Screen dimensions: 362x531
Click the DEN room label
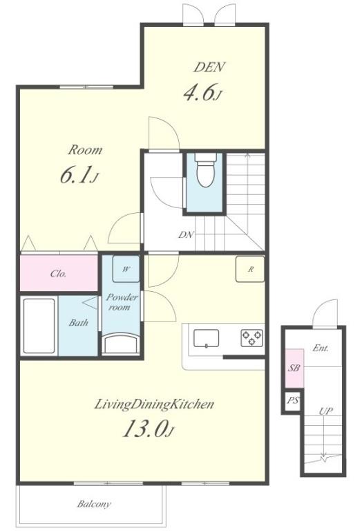click(209, 67)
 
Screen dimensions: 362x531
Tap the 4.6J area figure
click(202, 93)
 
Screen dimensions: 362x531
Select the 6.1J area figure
click(79, 176)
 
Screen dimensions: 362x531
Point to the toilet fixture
click(206, 170)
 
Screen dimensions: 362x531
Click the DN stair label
click(186, 234)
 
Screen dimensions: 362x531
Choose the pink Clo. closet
click(59, 272)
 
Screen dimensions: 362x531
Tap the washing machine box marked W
click(126, 269)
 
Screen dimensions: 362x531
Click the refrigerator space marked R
click(250, 269)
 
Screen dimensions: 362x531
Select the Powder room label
click(117, 302)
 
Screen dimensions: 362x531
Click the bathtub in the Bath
click(39, 326)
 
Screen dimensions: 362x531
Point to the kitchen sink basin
click(207, 338)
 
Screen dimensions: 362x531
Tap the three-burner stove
click(252, 338)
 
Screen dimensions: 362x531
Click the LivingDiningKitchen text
click(154, 404)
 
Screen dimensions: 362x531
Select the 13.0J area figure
click(149, 429)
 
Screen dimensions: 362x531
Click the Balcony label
click(94, 504)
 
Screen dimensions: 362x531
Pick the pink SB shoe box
click(294, 369)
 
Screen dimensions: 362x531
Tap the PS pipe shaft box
click(293, 400)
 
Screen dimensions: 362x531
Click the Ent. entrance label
click(320, 348)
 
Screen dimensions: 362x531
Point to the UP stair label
click(326, 411)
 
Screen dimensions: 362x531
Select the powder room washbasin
click(120, 344)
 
